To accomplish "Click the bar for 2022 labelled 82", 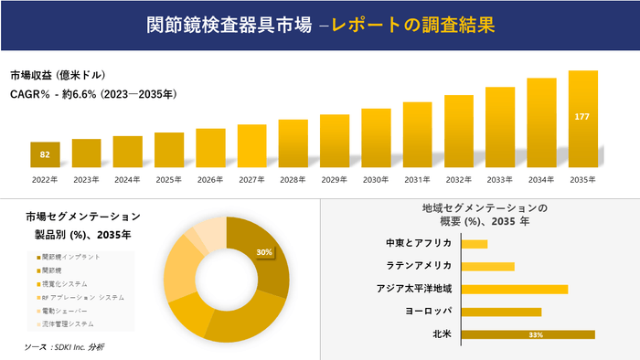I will coord(45,155).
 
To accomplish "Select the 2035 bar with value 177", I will coord(582,119).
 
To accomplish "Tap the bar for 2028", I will coord(293,143).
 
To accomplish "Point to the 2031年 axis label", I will coord(417,179).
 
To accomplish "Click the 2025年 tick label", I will coord(169,179).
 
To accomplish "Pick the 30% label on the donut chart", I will coord(264,252).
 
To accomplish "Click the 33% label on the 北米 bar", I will coord(536,335).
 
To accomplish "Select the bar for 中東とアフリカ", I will coord(475,244).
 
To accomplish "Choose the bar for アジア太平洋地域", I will coord(515,289).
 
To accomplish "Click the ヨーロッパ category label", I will coord(429,312).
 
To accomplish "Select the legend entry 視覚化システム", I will coord(66,284).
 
